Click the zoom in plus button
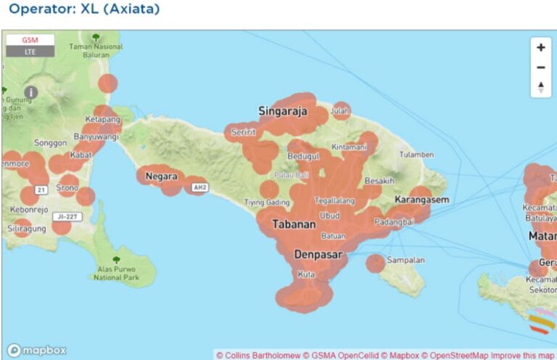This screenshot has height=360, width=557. pos(540,48)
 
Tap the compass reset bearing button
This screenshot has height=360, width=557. pos(540,87)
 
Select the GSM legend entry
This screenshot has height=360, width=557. pos(30,40)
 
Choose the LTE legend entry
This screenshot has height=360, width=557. pos(30,52)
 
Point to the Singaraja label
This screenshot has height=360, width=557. pos(283,111)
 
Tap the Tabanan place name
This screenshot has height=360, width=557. pos(294,225)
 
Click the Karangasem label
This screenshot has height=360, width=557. pos(422,199)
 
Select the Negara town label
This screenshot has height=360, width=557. pos(161,176)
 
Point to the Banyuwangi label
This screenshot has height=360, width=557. pos(96,136)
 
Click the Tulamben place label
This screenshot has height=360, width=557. pos(416,155)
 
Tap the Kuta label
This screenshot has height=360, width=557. pos(306,274)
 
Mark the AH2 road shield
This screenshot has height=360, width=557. pos(199,188)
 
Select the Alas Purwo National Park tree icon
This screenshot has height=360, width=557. pos(116,259)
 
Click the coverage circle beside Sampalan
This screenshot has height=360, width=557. pos(375,263)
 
